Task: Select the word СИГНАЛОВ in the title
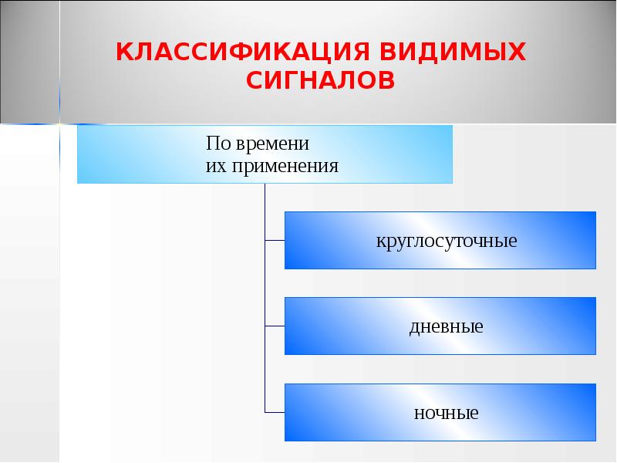click(x=321, y=79)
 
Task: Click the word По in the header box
click(x=217, y=144)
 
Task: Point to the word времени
click(x=271, y=144)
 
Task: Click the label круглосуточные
click(x=447, y=241)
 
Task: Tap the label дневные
click(x=446, y=326)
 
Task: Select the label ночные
click(x=446, y=413)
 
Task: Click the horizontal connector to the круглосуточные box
click(x=275, y=241)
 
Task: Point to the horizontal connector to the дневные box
click(x=275, y=326)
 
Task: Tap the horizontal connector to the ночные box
click(x=275, y=412)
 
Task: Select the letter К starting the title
click(x=123, y=52)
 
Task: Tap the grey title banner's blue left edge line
click(x=59, y=62)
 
